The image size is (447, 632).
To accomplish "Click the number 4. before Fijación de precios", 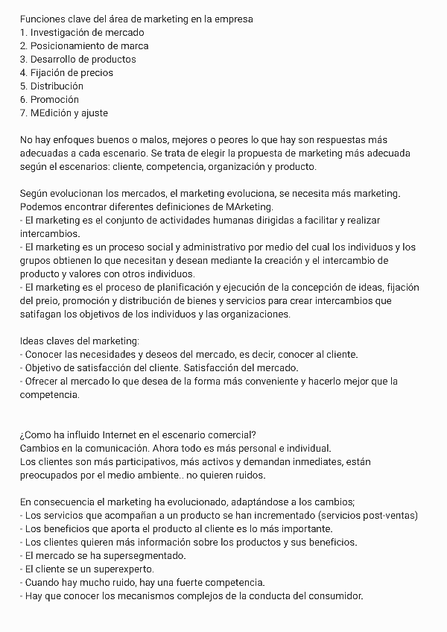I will pyautogui.click(x=24, y=72).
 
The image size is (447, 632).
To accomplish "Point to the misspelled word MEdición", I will pyautogui.click(x=51, y=113).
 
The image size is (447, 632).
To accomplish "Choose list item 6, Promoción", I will pyautogui.click(x=54, y=99).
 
